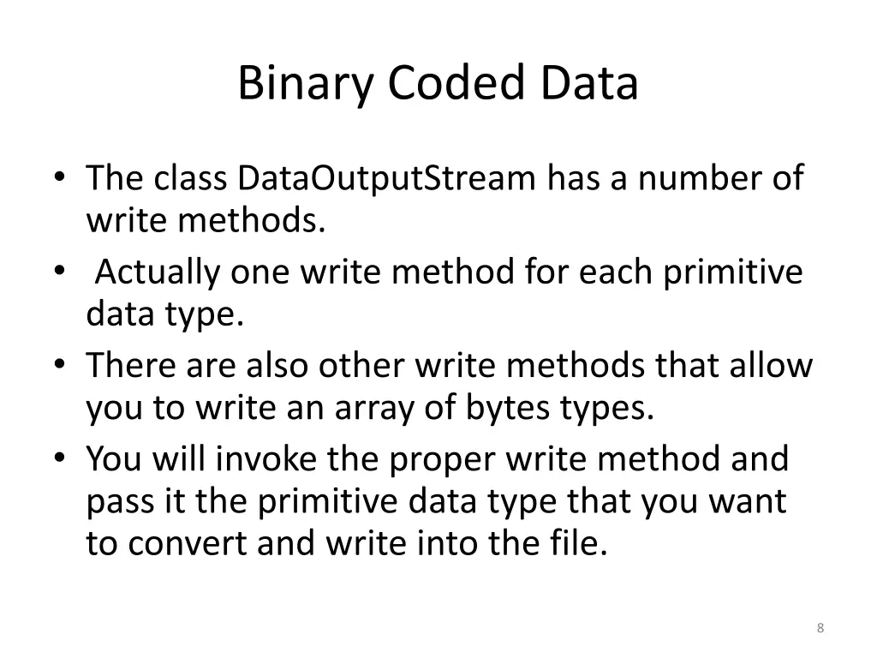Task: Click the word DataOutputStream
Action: pyautogui.click(x=386, y=178)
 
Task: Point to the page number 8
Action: pyautogui.click(x=820, y=629)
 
